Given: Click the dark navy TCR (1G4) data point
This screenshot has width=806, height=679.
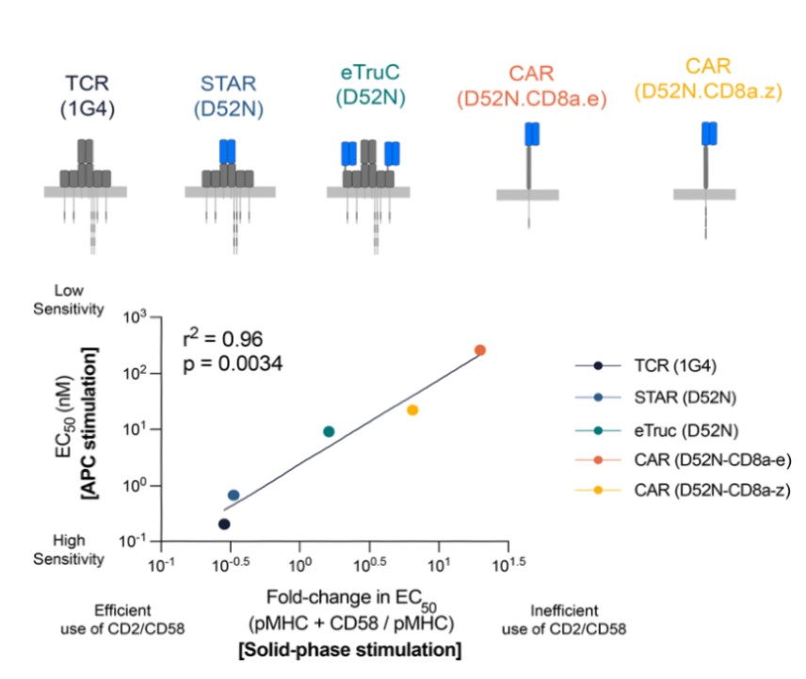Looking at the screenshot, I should (x=224, y=524).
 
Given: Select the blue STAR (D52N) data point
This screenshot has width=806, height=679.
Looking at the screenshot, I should (x=234, y=494).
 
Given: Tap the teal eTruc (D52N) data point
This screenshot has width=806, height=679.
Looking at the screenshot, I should (x=329, y=431).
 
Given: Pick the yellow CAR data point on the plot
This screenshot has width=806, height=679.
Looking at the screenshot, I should (x=412, y=410).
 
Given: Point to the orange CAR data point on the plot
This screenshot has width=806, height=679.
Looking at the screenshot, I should (x=480, y=349).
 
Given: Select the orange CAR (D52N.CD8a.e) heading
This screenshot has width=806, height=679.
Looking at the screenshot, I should (x=529, y=83).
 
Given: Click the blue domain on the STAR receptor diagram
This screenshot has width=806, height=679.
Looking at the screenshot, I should (x=227, y=151).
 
